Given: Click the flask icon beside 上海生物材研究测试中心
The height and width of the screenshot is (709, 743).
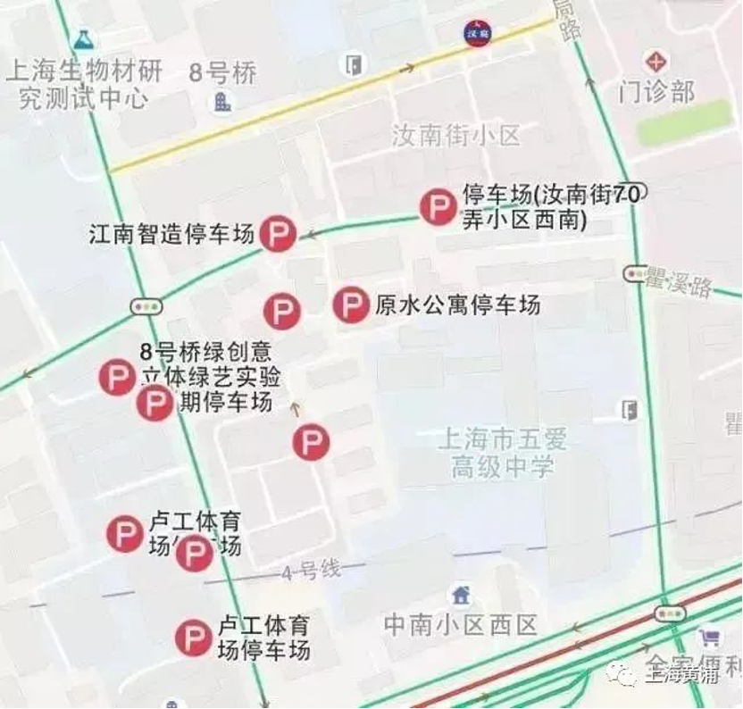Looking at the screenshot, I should coord(84,39).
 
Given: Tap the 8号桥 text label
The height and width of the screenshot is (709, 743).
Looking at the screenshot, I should coord(222,73).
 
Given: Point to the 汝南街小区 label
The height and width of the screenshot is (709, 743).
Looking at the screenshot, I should coord(455,136).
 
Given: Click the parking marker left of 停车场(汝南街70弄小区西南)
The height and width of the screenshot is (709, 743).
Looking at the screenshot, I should coord(438,208).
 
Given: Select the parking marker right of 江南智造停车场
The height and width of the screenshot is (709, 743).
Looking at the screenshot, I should coord(278,235).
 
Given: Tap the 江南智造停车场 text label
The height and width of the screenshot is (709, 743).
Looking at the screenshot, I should coord(172,235).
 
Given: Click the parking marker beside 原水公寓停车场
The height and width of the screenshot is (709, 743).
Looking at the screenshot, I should coord(351,305).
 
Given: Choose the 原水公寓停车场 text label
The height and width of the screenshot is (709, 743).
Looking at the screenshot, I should coord(457,305).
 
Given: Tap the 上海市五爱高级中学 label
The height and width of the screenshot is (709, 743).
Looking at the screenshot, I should coord(503,452).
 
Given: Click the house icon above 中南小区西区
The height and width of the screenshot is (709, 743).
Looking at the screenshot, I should coord(461,594).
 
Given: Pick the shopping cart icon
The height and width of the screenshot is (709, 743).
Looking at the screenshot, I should coord(710,638).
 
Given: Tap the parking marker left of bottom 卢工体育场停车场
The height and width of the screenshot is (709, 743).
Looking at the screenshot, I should coord(193,638).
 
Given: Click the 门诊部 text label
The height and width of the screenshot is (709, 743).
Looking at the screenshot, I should coord(657,90).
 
